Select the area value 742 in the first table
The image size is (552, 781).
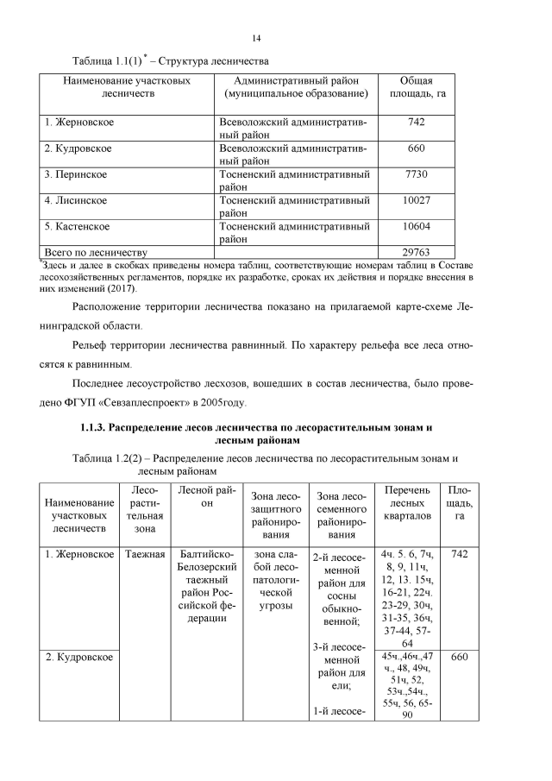[x=416, y=123]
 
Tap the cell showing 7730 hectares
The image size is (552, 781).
[x=416, y=174]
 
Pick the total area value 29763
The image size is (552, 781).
[x=416, y=251]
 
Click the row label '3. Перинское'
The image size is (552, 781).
[x=76, y=174]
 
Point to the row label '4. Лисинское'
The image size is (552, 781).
[x=76, y=200]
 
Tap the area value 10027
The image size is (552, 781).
[x=416, y=200]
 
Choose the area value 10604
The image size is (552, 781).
[x=416, y=226]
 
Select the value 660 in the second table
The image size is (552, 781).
[x=459, y=657]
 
